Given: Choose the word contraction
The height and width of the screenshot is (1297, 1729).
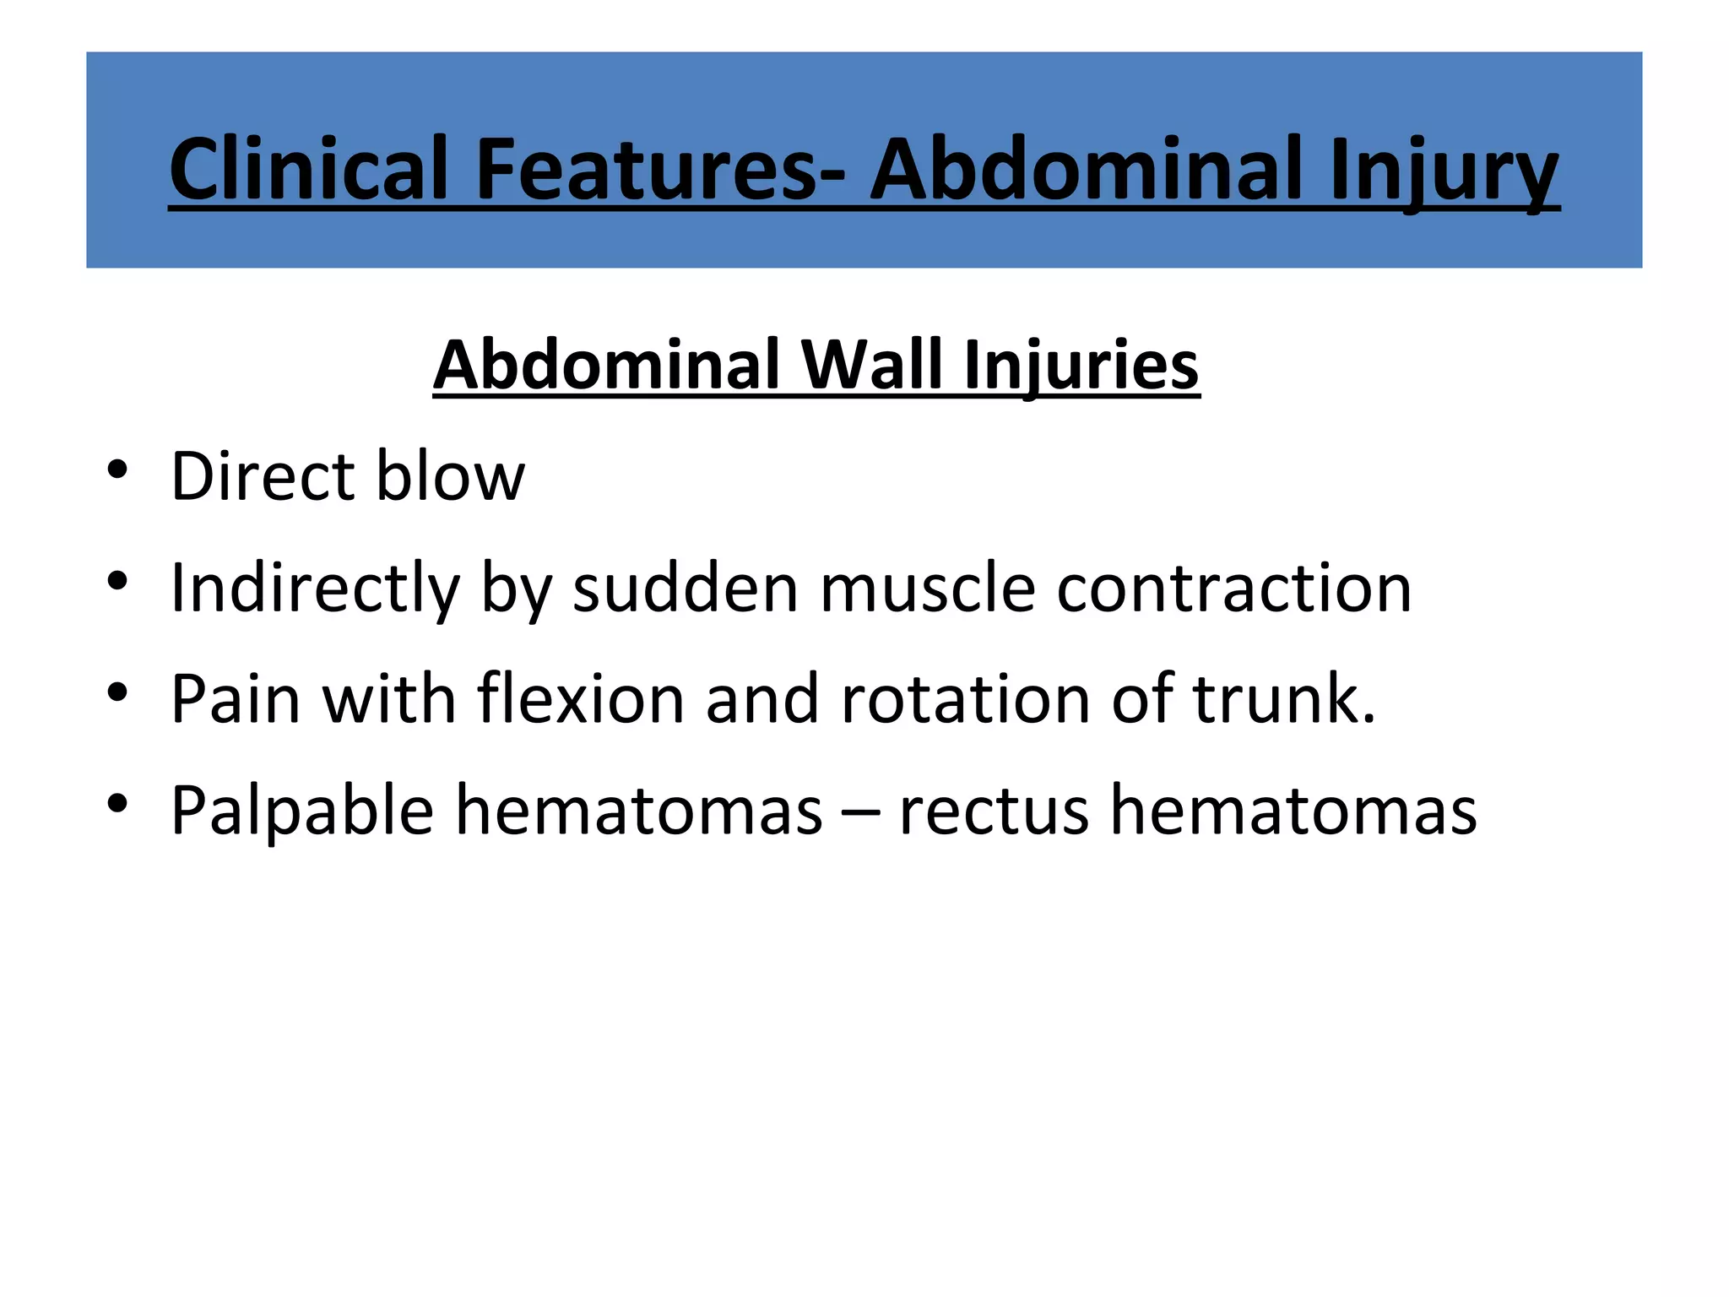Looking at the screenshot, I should click(x=1233, y=588).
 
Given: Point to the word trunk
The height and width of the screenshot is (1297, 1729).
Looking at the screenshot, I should click(x=1282, y=699).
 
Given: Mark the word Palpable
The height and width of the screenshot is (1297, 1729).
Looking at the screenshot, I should click(x=302, y=811).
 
